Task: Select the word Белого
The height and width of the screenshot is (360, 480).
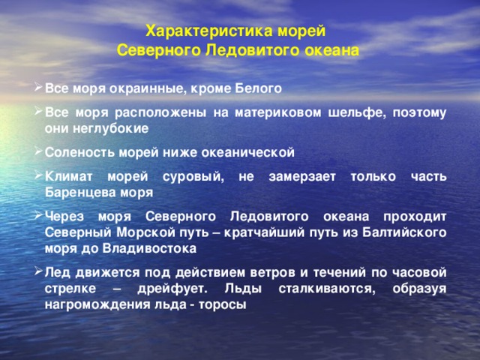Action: (258, 88)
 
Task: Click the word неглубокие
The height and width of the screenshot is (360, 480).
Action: (110, 128)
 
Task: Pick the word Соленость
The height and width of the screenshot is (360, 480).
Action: (80, 152)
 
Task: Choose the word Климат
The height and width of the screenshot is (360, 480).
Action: (68, 177)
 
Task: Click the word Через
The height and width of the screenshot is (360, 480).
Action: (64, 217)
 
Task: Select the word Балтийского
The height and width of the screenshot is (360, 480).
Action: (404, 232)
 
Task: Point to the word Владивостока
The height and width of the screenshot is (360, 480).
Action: (149, 248)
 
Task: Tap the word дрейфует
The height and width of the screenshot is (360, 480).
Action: (172, 289)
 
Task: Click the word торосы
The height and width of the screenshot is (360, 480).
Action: (223, 304)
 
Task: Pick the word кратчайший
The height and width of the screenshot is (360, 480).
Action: (264, 232)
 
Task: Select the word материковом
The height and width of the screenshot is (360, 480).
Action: (278, 113)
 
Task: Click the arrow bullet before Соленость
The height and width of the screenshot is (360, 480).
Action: (38, 151)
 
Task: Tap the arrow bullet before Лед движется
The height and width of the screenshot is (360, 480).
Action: (38, 271)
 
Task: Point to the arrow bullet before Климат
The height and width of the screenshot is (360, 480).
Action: (38, 175)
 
